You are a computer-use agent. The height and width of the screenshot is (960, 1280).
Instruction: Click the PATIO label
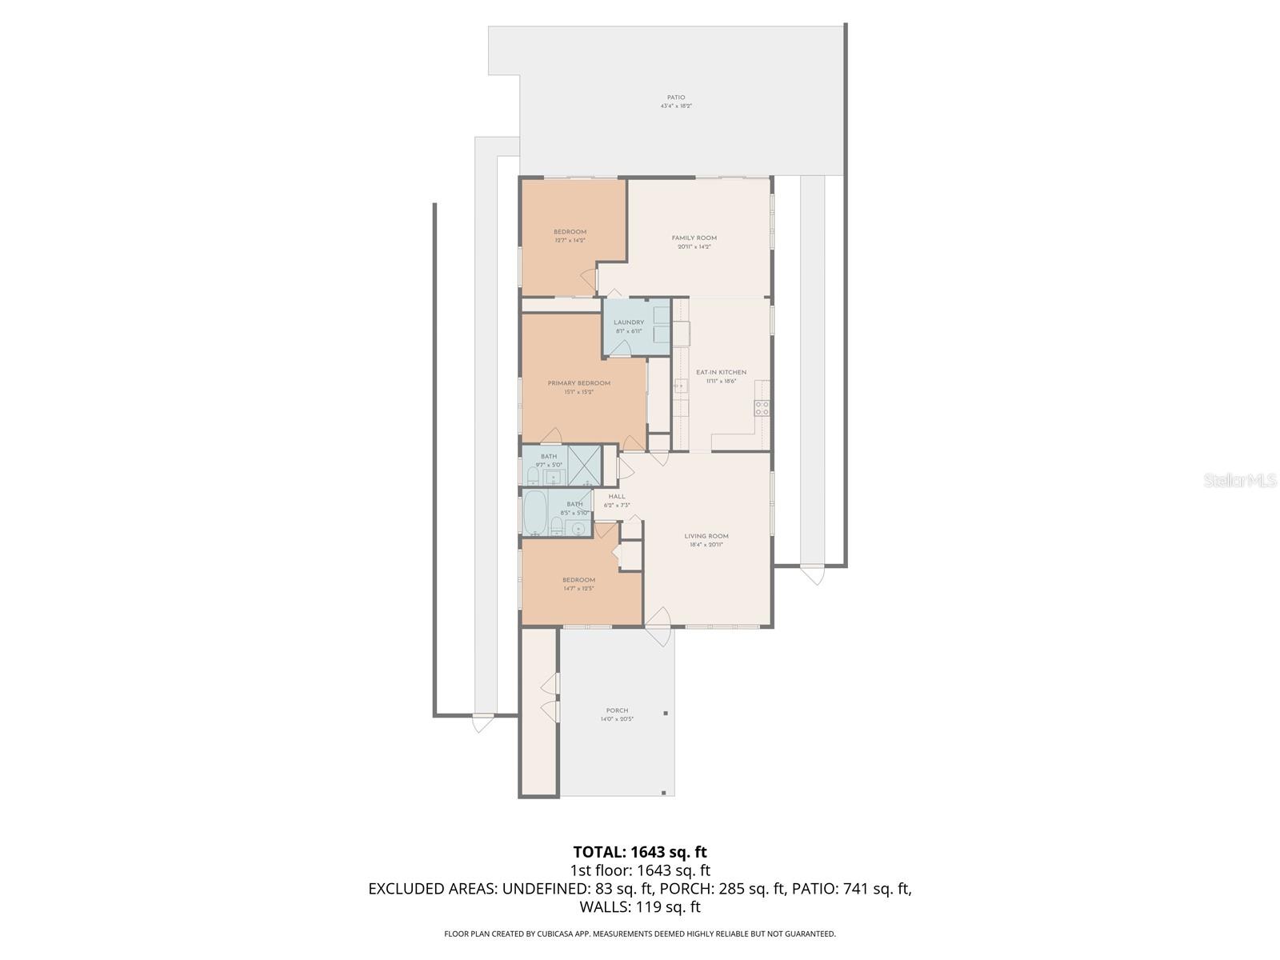tap(676, 98)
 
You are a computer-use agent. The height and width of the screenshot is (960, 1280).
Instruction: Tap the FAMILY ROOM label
tap(694, 238)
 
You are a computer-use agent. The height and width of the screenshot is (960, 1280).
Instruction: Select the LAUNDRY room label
tap(629, 322)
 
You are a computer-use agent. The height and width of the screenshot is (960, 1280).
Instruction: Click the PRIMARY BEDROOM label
tap(578, 383)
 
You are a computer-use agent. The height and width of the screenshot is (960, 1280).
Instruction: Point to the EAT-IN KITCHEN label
tap(721, 372)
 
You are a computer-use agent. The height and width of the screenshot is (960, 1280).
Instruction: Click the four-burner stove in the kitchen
tap(762, 408)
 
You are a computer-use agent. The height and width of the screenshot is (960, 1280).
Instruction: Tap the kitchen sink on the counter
tap(680, 386)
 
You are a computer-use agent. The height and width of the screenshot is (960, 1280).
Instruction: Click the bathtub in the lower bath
tap(534, 512)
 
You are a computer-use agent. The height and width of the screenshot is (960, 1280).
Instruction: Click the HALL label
tap(617, 497)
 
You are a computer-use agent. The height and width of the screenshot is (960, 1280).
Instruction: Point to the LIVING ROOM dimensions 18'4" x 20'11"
tap(706, 546)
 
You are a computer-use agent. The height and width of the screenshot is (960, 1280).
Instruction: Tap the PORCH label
tap(617, 710)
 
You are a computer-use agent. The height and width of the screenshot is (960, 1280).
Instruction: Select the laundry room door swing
tap(622, 346)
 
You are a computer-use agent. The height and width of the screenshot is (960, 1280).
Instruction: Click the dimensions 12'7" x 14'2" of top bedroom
tap(570, 241)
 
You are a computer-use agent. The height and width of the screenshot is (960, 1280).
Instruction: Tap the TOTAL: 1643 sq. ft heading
tap(640, 852)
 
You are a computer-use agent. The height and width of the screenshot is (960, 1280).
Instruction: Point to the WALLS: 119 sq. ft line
tap(640, 907)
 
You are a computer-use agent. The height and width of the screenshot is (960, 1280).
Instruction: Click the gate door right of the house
tap(811, 574)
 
